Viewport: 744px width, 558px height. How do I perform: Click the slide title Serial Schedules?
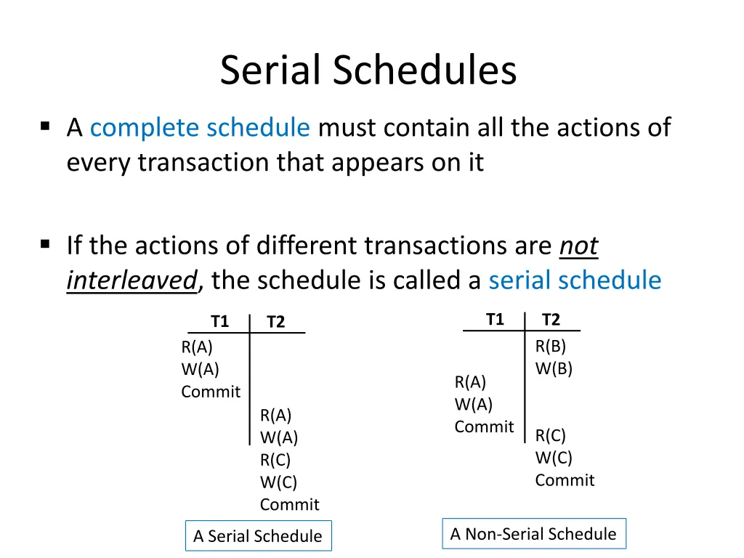(x=368, y=71)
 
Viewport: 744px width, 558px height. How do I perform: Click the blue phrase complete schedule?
(x=200, y=128)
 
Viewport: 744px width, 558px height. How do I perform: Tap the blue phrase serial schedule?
(x=575, y=280)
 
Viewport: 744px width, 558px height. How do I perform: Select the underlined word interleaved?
(x=132, y=280)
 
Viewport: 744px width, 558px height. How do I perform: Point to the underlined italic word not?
(x=578, y=246)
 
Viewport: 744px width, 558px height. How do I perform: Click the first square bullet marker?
(x=46, y=126)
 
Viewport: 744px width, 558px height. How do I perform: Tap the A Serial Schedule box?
(x=258, y=536)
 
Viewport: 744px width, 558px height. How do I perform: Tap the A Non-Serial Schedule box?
(x=533, y=534)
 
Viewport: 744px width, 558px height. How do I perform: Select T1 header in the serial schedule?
(x=219, y=321)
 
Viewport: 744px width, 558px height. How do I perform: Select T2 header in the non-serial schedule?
(x=551, y=320)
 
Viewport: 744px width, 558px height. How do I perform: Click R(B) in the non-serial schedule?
(x=550, y=346)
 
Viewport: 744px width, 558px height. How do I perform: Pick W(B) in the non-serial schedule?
(x=554, y=368)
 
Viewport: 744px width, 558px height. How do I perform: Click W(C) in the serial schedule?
(x=278, y=482)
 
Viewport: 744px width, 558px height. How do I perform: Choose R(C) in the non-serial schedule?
(x=550, y=435)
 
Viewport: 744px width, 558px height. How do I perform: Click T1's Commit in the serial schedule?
(x=211, y=392)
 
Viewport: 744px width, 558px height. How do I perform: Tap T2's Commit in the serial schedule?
(x=289, y=505)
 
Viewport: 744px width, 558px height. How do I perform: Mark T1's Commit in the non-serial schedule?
(x=484, y=427)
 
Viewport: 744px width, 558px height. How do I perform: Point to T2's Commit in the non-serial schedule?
(x=565, y=480)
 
